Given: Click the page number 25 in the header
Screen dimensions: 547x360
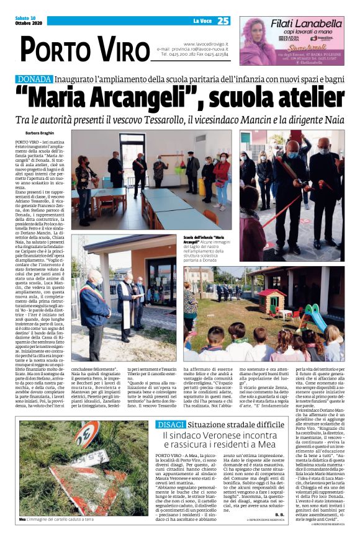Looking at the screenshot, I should click(223, 21).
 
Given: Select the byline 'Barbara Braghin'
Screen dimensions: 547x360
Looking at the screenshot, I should click(40, 133).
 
